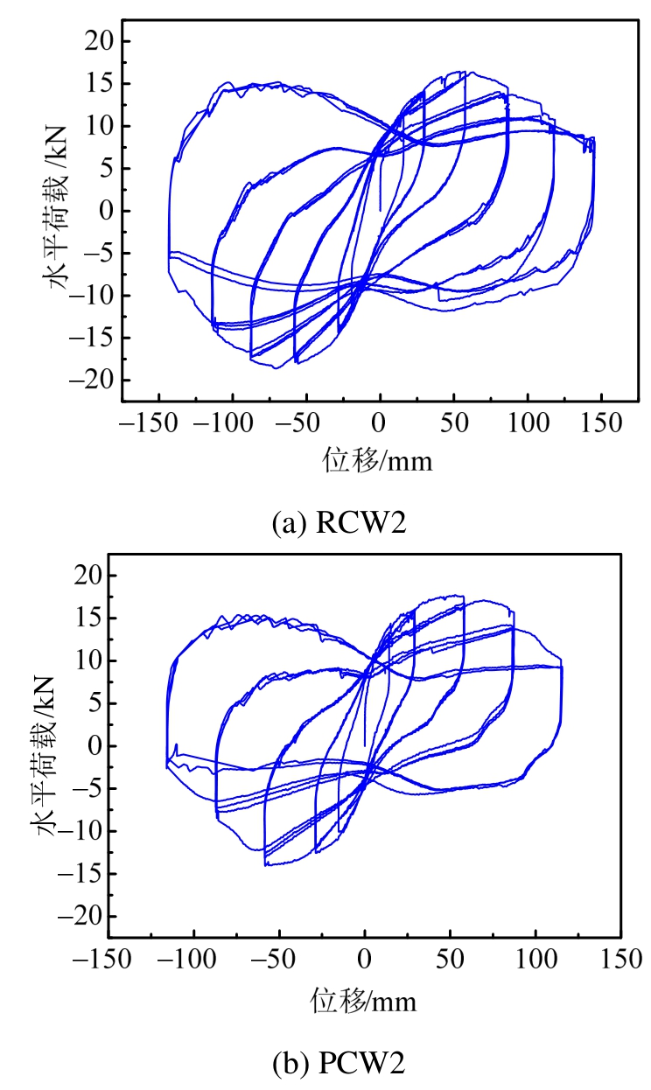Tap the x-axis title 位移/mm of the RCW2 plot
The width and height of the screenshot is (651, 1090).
coord(379,459)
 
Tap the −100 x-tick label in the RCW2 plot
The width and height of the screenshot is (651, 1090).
coord(224,423)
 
